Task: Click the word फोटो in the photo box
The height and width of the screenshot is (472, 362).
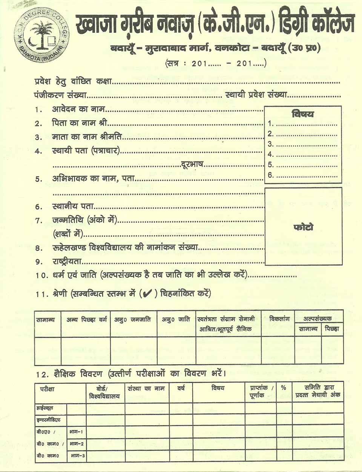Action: pyautogui.click(x=303, y=227)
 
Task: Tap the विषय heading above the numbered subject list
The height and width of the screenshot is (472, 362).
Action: pyautogui.click(x=302, y=114)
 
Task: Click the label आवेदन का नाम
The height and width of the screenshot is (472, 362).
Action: pyautogui.click(x=78, y=109)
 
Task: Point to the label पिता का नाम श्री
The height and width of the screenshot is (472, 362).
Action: pyautogui.click(x=80, y=123)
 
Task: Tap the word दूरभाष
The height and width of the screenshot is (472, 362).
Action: pyautogui.click(x=192, y=164)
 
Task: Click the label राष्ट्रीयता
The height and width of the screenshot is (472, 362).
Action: pyautogui.click(x=67, y=262)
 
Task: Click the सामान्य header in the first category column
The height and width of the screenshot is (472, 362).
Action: pyautogui.click(x=46, y=320)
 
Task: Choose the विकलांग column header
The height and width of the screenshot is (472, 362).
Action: pyautogui.click(x=279, y=319)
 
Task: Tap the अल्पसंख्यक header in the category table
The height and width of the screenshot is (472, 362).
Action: pyautogui.click(x=318, y=319)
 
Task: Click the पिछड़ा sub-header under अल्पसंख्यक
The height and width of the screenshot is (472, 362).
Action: pyautogui.click(x=332, y=329)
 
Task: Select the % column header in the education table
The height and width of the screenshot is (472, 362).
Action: pyautogui.click(x=284, y=388)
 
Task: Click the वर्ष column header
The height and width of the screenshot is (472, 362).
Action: pyautogui.click(x=181, y=388)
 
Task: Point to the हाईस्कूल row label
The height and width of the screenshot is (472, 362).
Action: pyautogui.click(x=45, y=408)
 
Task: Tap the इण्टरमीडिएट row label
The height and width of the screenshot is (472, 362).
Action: pyautogui.click(x=49, y=420)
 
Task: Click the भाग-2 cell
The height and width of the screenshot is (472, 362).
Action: pyautogui.click(x=77, y=444)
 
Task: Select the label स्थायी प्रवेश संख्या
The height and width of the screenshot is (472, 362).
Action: pyautogui.click(x=256, y=95)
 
